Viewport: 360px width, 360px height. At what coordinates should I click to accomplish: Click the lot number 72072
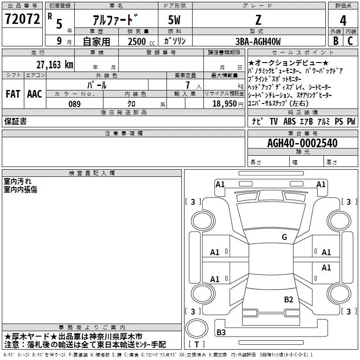pos(22,19)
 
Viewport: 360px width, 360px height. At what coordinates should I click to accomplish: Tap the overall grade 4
pos(343,21)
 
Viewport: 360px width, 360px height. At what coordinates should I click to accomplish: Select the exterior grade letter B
pos(336,41)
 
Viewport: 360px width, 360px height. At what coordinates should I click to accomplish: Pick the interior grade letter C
pos(350,41)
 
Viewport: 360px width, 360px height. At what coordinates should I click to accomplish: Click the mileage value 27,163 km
pos(54,65)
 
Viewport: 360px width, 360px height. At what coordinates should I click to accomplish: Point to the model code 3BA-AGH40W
pos(258,41)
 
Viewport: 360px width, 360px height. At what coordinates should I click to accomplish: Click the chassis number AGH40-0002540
pos(302,143)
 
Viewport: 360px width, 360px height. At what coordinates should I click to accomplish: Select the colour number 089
pos(74,104)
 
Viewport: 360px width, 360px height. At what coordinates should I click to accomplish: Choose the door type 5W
pos(174,20)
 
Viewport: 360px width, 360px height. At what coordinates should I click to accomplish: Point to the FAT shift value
pos(13,94)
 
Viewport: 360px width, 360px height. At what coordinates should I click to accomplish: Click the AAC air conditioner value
pos(35,94)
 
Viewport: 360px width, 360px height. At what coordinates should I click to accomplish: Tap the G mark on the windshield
pos(284,237)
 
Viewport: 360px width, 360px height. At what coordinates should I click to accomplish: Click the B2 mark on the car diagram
pos(288,300)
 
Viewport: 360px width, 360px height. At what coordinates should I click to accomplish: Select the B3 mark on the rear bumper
pos(221,332)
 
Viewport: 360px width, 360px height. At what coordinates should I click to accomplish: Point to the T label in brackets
pos(197,344)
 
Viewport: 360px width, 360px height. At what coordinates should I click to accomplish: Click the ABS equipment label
pos(289,121)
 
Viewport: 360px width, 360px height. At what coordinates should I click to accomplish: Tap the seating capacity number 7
pos(188,85)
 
